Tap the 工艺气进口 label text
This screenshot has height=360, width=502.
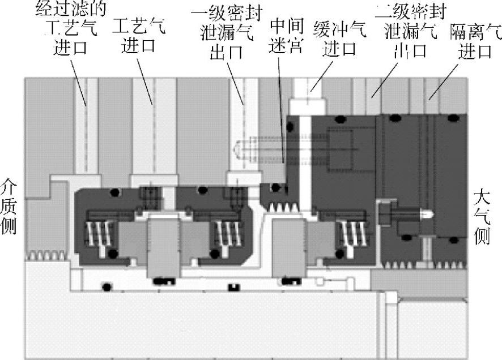point(139,35)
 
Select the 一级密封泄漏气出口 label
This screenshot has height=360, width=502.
point(227,33)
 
